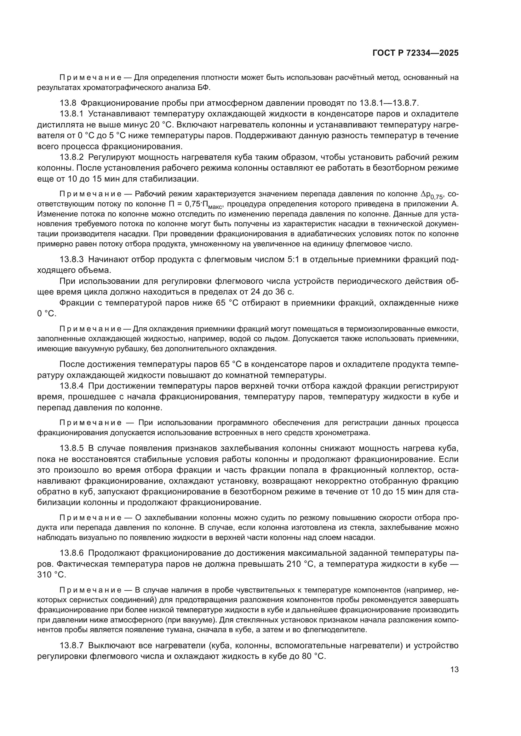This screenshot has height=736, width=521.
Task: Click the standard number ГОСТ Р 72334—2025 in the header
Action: (x=415, y=53)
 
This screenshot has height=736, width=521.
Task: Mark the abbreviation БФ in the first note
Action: (x=204, y=87)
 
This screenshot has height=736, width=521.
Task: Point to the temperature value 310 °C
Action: (x=52, y=575)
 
